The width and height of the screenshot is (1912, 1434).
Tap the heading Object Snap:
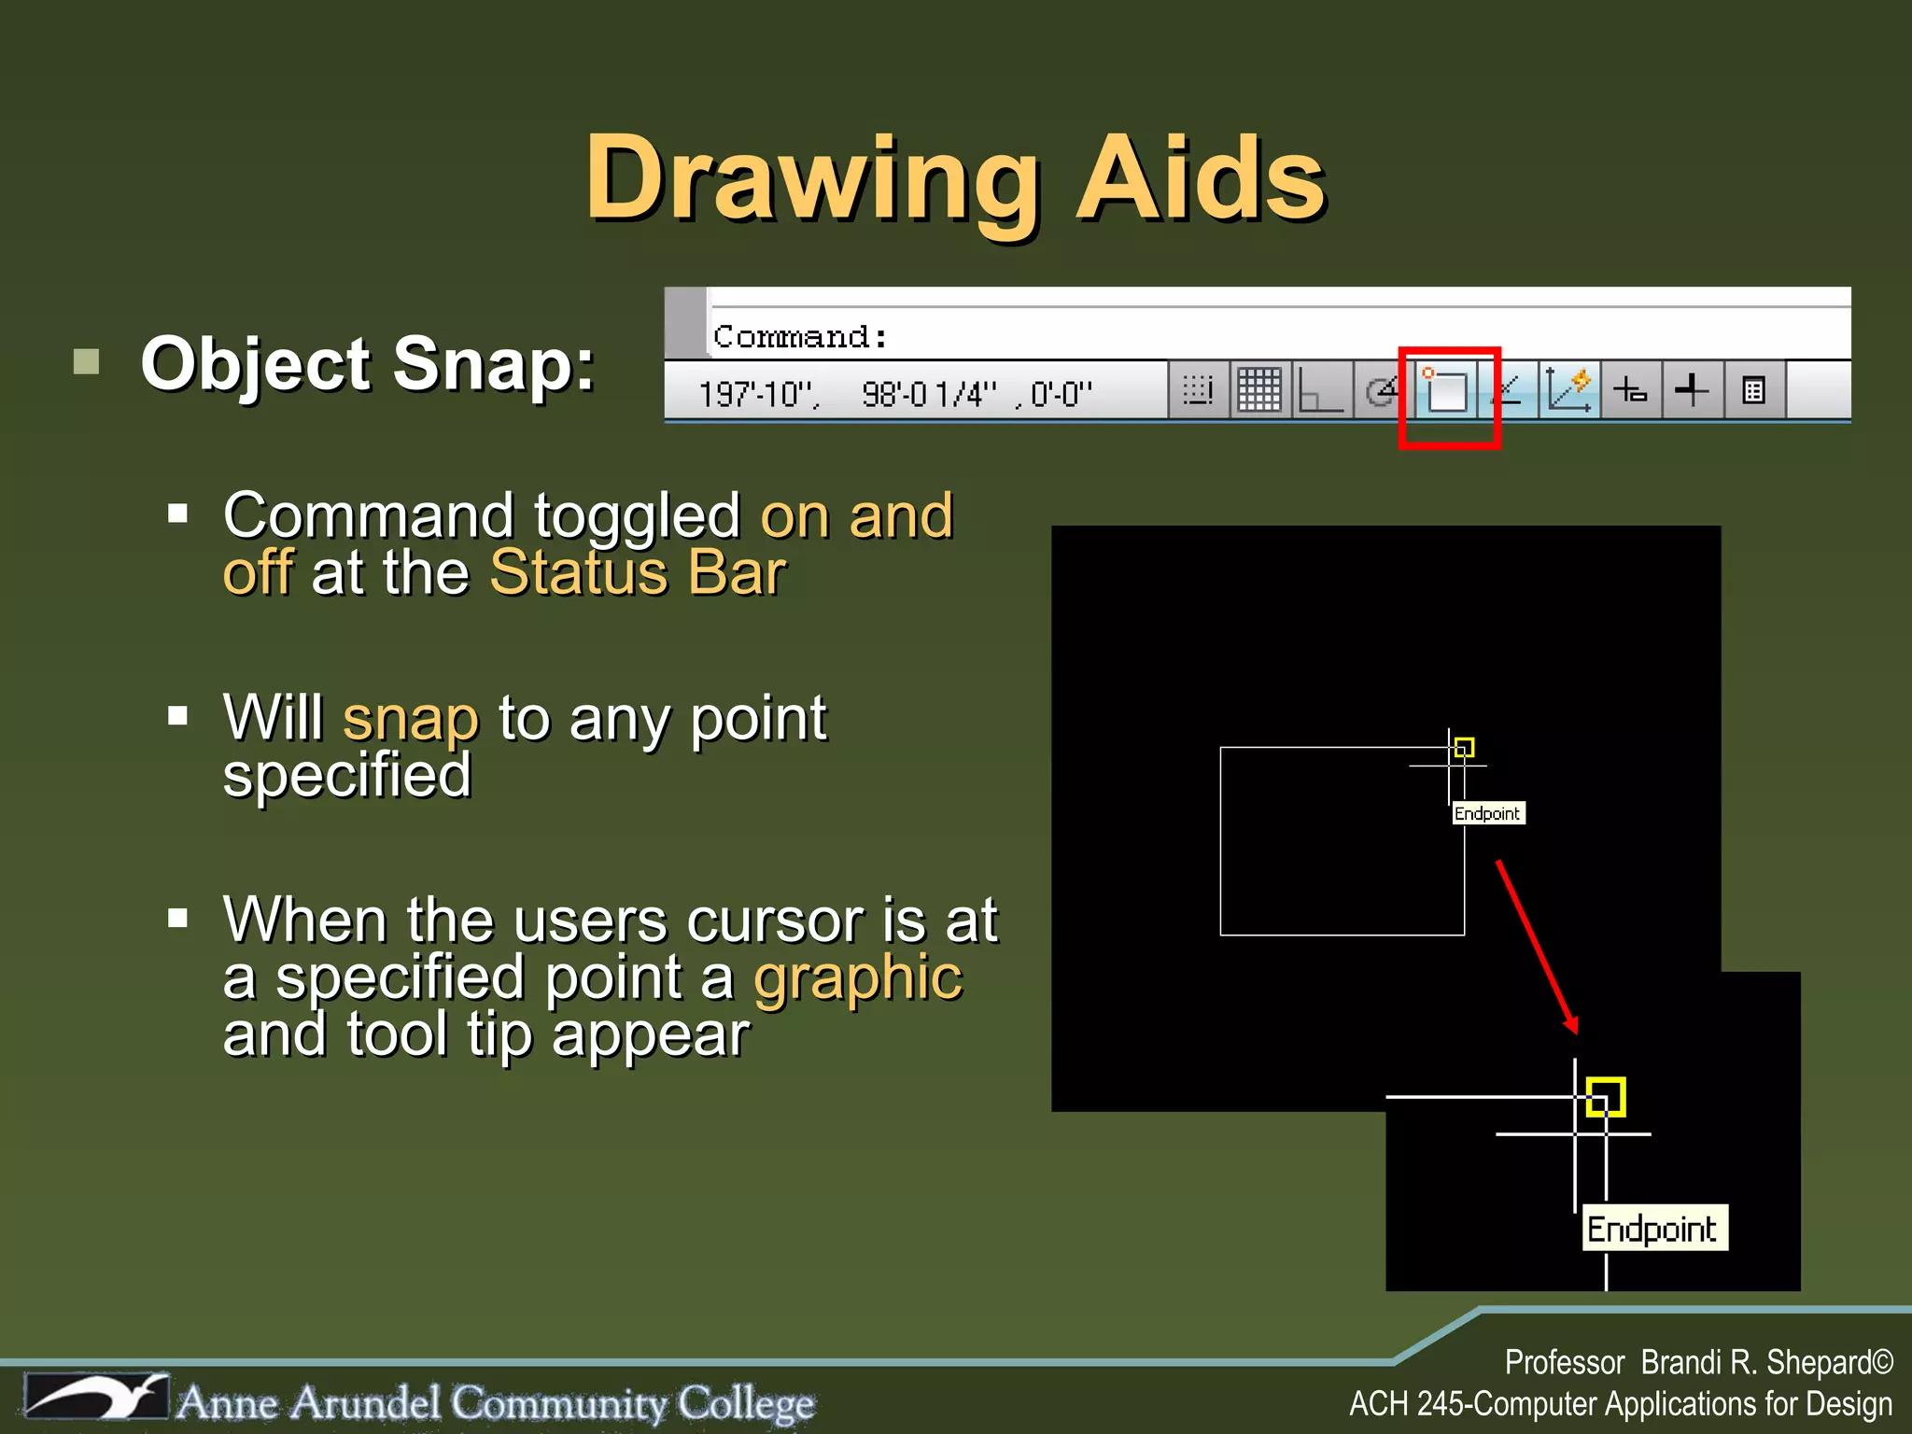click(367, 364)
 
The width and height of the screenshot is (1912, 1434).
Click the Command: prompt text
click(800, 336)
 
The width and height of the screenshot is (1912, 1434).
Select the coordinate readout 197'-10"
click(757, 394)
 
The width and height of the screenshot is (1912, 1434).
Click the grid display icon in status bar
click(1258, 390)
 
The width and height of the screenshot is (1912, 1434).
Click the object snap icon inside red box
click(1446, 390)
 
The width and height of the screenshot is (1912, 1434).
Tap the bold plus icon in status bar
click(1691, 390)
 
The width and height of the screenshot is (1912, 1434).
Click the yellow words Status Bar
click(638, 572)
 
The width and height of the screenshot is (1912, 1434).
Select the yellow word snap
click(411, 719)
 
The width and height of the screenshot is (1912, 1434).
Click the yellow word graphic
click(857, 978)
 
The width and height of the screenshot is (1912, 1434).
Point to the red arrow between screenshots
click(1537, 945)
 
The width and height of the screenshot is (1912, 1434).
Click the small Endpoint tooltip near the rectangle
click(1487, 813)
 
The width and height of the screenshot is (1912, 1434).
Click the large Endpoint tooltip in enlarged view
click(1652, 1229)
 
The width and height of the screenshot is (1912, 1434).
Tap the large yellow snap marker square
click(1606, 1097)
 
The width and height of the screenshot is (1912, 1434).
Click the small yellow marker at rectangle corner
click(1464, 747)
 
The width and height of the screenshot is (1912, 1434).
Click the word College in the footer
click(746, 1403)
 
